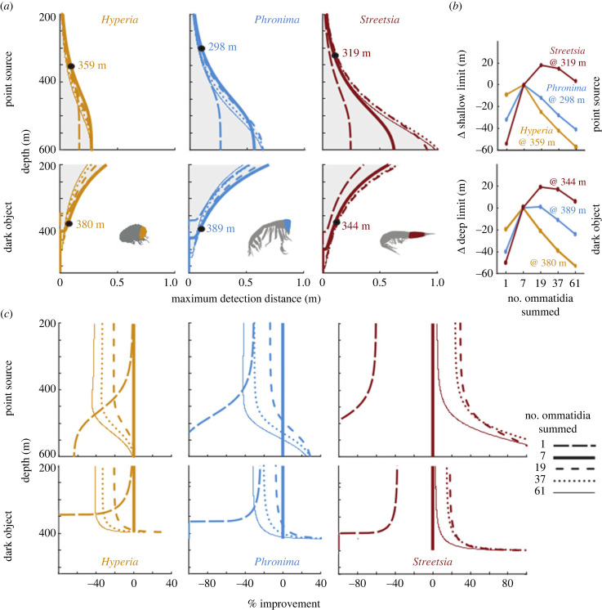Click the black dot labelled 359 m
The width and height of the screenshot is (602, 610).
[x=71, y=66]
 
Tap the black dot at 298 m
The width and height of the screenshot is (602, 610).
[x=201, y=48]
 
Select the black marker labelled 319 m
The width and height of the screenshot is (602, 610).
[x=335, y=56]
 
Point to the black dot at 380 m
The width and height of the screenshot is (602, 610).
[x=69, y=224]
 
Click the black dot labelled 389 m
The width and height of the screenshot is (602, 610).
[x=201, y=229]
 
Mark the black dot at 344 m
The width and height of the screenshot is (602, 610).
[x=337, y=222]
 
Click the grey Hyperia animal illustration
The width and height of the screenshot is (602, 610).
[x=134, y=234]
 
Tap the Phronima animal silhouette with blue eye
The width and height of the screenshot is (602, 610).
[x=270, y=236]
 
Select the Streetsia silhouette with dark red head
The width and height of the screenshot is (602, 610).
[x=407, y=240]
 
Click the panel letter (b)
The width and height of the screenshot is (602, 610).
[x=455, y=6]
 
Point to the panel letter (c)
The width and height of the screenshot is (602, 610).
[x=7, y=313]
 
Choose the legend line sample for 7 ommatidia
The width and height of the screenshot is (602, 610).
[x=574, y=458]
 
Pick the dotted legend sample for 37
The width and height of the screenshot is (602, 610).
[x=574, y=482]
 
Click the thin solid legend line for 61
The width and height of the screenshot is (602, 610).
[x=574, y=493]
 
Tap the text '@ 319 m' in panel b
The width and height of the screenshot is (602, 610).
[x=568, y=63]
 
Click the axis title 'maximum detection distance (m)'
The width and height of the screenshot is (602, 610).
[x=246, y=298]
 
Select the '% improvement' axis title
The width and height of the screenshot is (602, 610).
[x=284, y=603]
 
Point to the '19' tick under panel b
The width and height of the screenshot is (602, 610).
[x=541, y=283]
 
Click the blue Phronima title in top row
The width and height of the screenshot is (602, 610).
[x=277, y=20]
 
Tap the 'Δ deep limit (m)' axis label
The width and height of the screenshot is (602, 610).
[x=462, y=217]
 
